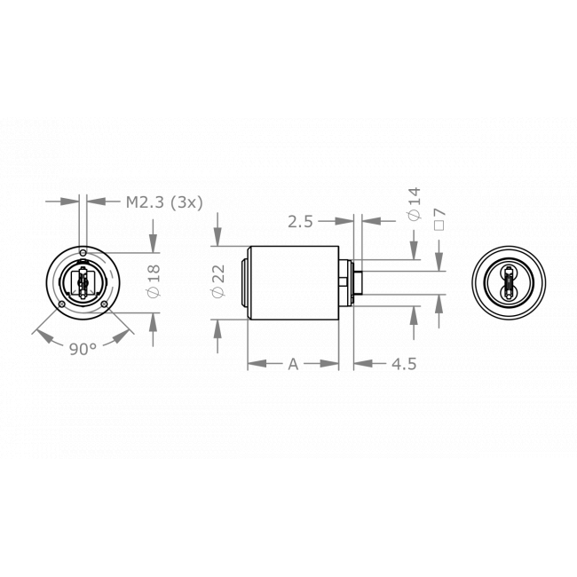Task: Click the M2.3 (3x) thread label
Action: tap(163, 202)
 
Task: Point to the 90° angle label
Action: tap(83, 349)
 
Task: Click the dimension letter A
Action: tap(293, 363)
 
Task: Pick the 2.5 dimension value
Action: tap(301, 222)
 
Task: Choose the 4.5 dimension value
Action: tap(404, 363)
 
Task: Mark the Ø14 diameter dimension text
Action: tap(413, 203)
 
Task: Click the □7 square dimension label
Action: tap(439, 217)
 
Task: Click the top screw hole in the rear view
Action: tap(83, 253)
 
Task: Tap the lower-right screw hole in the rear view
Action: tap(106, 306)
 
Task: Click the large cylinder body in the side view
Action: tap(293, 283)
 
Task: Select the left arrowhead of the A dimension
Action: tap(253, 363)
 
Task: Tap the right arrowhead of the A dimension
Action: tap(333, 363)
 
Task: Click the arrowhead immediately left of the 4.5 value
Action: tap(360, 363)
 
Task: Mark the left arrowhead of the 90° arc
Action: tap(37, 335)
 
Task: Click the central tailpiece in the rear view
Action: tap(83, 284)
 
